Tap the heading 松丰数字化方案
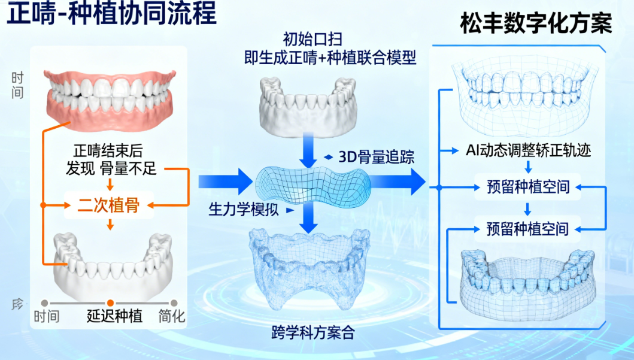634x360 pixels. click(536, 24)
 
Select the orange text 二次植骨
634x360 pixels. click(109, 205)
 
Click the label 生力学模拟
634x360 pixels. click(243, 210)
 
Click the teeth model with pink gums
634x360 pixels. click(111, 99)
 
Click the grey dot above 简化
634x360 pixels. click(174, 303)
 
